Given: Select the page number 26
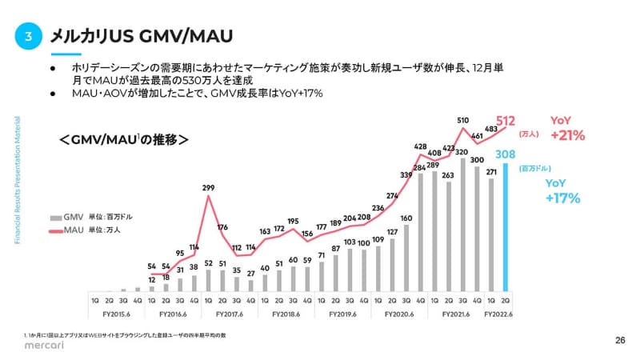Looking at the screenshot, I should pos(619,340).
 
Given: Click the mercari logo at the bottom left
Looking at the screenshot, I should pos(32,346).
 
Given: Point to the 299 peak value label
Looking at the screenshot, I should pos(208,188).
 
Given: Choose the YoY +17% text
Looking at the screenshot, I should pos(562,192).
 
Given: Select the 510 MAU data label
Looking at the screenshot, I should pos(462,121).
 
